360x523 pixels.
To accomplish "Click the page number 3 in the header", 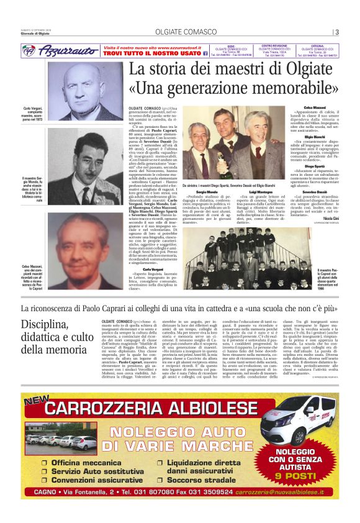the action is [337, 33].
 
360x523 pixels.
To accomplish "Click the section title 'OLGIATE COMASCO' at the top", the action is [179, 32].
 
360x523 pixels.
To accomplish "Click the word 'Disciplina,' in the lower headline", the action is [43, 325].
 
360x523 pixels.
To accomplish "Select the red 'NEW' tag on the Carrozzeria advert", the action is [37, 399].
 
